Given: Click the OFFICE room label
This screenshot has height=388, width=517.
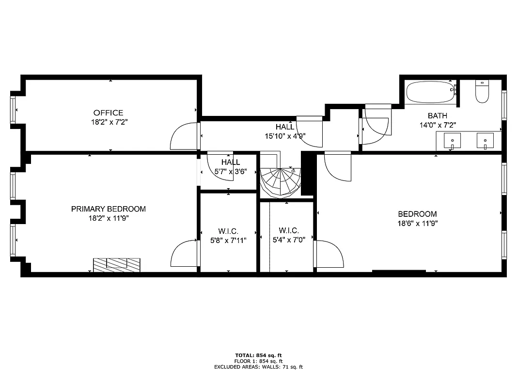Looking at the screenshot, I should pyautogui.click(x=108, y=113).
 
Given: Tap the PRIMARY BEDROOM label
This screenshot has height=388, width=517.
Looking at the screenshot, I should pyautogui.click(x=108, y=209).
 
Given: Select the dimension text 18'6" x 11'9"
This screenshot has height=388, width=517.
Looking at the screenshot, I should pyautogui.click(x=417, y=224).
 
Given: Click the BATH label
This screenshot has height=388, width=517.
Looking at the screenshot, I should pyautogui.click(x=437, y=116).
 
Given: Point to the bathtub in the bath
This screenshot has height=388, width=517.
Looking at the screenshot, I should pyautogui.click(x=429, y=92).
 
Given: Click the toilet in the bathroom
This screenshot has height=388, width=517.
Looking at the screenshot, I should pyautogui.click(x=482, y=92).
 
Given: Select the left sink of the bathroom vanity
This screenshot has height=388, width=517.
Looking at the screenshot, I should pyautogui.click(x=453, y=141).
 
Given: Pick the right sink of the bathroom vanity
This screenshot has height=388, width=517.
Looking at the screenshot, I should pyautogui.click(x=485, y=141).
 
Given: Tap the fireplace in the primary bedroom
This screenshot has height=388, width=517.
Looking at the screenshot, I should pyautogui.click(x=117, y=264).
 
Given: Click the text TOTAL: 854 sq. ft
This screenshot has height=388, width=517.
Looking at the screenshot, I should pyautogui.click(x=258, y=355).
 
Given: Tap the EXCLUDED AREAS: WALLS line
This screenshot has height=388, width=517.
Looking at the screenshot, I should pyautogui.click(x=258, y=367).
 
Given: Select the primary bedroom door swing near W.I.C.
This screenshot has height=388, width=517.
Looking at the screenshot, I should pyautogui.click(x=185, y=255).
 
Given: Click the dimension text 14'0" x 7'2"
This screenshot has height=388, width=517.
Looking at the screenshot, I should pyautogui.click(x=437, y=125).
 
